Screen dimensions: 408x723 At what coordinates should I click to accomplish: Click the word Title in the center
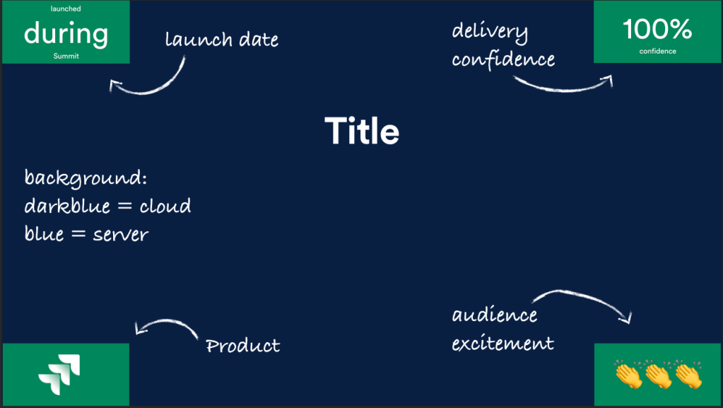pos(362,132)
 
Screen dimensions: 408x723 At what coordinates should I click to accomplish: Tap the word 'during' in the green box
pos(66,33)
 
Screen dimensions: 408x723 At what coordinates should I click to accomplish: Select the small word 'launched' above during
pos(66,9)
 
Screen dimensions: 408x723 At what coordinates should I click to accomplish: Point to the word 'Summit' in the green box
pos(66,56)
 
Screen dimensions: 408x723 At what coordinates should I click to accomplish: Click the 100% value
pos(657,29)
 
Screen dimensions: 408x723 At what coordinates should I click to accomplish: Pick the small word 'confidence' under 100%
pos(657,51)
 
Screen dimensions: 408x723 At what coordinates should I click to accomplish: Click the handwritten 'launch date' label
pos(221,40)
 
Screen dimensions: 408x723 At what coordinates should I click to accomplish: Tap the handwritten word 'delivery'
pos(490,31)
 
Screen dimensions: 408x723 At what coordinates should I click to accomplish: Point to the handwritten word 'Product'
pos(242,346)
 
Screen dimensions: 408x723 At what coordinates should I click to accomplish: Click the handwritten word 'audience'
pos(495,315)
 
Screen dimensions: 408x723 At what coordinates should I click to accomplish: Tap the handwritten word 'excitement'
pos(502,344)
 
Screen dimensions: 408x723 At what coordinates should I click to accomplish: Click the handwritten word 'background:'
pos(86,177)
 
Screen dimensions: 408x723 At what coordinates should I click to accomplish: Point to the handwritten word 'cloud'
pos(165,206)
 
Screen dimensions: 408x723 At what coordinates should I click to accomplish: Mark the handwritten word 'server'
pos(120,234)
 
